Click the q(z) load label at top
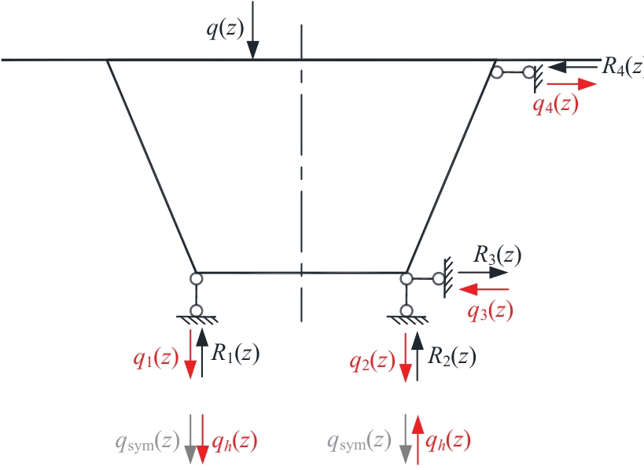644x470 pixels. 225,30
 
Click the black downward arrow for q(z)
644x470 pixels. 253,31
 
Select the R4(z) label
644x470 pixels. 623,67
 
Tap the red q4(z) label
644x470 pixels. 555,105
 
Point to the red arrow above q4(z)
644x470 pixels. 572,84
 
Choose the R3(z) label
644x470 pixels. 498,255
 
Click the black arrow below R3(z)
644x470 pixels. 484,272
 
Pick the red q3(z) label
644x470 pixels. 491,311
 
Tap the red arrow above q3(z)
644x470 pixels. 484,289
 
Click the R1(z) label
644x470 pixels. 235,353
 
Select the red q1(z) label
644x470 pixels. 156,358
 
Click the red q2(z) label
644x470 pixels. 372,362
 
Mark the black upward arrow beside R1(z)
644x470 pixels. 201,353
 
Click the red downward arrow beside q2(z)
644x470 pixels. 406,358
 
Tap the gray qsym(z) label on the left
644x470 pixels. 148,442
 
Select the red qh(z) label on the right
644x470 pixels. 447,441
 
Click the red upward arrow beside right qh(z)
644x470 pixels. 418,440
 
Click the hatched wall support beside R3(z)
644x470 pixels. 447,277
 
